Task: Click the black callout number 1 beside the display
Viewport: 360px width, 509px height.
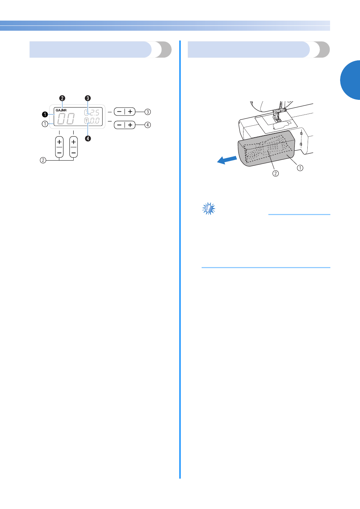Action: (45, 114)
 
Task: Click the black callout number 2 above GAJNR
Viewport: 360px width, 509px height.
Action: (62, 98)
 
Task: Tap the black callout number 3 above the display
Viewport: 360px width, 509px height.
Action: (88, 98)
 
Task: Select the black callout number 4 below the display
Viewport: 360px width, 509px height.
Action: (88, 139)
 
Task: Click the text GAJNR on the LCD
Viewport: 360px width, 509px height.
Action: (61, 110)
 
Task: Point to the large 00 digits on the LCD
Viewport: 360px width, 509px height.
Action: (66, 119)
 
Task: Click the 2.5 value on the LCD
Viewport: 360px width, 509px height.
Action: (95, 113)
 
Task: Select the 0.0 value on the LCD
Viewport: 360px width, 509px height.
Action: (95, 121)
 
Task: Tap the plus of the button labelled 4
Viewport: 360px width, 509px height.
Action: (130, 125)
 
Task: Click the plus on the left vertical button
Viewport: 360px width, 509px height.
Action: (59, 142)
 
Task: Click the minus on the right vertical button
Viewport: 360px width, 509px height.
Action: (73, 153)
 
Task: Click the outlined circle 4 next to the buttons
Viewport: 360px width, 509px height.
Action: (148, 125)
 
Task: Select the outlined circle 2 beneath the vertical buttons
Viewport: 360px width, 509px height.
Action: (43, 160)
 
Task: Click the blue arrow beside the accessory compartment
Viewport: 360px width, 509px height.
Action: (227, 160)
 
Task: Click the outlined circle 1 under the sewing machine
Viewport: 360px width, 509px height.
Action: (300, 168)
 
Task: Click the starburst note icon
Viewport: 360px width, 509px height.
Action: (209, 209)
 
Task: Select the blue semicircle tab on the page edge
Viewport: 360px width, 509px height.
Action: (351, 80)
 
